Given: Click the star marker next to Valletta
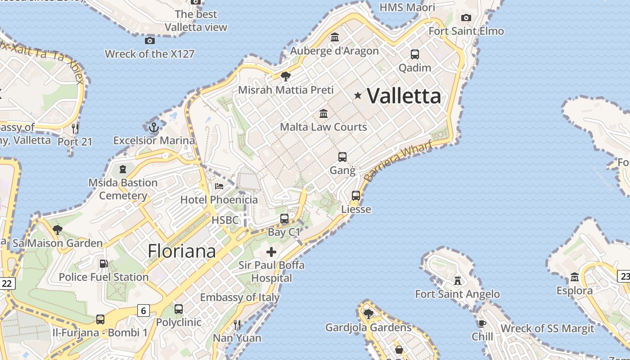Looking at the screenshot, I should click(358, 95).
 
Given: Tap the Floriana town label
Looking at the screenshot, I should click(182, 251).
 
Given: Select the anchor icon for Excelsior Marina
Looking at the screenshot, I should click(154, 127).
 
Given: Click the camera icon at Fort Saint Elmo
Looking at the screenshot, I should click(466, 18).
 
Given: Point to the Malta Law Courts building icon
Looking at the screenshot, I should click(324, 113).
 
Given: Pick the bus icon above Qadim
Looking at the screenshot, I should click(415, 54).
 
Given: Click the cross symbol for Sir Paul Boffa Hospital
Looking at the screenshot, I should click(271, 252).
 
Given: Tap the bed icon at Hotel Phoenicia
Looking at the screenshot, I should click(219, 186).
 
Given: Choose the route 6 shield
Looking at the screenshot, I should click(143, 310).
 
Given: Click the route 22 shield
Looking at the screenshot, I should click(7, 283).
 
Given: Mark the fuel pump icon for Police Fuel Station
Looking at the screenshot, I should click(103, 264).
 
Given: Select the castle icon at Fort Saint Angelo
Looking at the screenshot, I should click(458, 281).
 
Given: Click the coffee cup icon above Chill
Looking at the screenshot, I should click(482, 324).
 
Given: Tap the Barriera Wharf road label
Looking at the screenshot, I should click(398, 161).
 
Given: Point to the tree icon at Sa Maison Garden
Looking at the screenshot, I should click(57, 230).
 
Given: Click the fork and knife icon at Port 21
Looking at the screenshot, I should click(75, 129).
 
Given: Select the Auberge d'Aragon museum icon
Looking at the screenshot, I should click(335, 37).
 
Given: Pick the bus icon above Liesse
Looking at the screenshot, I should click(356, 196).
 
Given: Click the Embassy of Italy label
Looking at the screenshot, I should click(240, 297).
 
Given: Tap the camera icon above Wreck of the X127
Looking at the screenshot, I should click(150, 41).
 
